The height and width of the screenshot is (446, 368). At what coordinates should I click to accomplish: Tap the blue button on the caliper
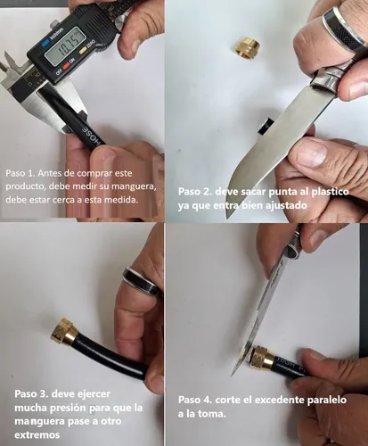tap(45, 43)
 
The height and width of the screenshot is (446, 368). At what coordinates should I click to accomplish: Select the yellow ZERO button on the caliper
tap(83, 51)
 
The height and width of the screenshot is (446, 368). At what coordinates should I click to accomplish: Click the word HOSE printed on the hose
tap(94, 136)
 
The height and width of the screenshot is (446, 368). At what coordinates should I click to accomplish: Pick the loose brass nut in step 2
tap(244, 49)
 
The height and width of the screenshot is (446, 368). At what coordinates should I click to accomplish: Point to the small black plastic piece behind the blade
tap(266, 127)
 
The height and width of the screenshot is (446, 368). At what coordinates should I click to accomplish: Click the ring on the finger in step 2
tap(342, 29)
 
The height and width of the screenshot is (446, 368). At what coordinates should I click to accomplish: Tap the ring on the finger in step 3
tap(141, 281)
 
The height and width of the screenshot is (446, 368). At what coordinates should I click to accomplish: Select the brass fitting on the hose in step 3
tap(65, 332)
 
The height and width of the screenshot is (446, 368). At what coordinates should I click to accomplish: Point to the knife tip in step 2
tap(228, 217)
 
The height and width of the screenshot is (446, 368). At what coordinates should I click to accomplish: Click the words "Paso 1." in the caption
tap(20, 173)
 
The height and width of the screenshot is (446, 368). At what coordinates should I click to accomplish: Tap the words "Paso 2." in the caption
tap(194, 191)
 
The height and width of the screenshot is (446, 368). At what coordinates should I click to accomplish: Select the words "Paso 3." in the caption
tap(31, 393)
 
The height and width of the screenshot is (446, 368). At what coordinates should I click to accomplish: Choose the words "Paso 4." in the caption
tap(195, 400)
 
